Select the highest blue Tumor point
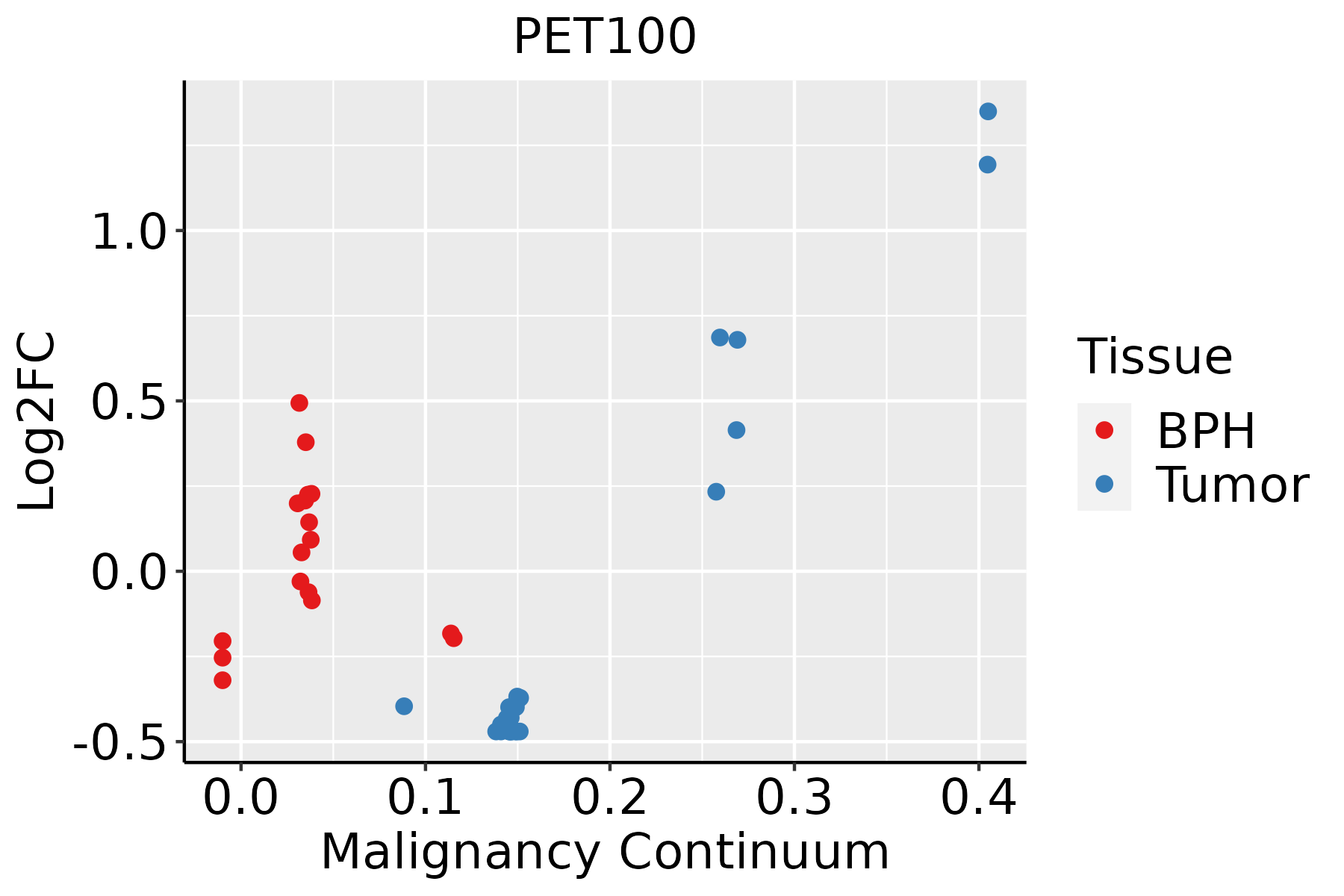click(988, 111)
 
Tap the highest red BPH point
click(299, 403)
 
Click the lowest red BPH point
click(223, 680)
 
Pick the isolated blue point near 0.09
click(404, 706)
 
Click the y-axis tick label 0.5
click(128, 403)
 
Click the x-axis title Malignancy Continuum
click(605, 852)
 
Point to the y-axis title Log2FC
click(37, 422)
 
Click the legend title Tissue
click(1155, 357)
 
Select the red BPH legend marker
click(1104, 430)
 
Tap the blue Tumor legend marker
click(1104, 484)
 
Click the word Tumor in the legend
click(1233, 485)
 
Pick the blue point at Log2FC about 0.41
click(736, 430)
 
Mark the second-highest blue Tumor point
click(987, 164)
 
